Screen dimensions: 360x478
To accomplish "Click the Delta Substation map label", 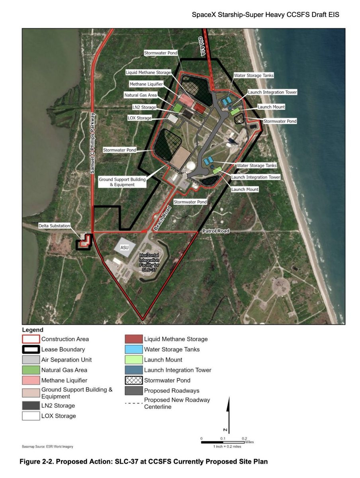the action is [54, 225].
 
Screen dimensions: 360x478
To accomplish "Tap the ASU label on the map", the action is [124, 247].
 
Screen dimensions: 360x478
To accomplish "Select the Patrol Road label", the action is [216, 231].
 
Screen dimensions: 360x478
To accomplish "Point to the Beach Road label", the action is [162, 218].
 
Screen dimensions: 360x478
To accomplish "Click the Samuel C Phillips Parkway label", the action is [92, 143].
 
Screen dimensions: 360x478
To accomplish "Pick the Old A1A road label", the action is [202, 46].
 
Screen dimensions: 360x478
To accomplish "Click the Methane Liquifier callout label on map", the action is [146, 84].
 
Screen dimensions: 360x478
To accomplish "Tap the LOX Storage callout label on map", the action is [139, 118].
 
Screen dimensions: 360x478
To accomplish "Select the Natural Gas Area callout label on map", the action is [141, 95].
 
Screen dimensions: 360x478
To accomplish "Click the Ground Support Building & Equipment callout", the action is [122, 182].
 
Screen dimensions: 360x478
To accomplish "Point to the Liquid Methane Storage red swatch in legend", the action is [134, 339].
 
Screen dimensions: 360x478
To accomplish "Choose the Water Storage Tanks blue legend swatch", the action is [134, 349].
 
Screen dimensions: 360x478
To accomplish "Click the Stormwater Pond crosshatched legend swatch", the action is [134, 380].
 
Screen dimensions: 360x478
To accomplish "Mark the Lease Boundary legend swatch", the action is [31, 349].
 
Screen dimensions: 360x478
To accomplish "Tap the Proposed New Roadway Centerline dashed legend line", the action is [134, 403].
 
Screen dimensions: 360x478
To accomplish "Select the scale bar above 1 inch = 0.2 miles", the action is [223, 442].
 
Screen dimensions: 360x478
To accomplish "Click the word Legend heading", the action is [33, 330].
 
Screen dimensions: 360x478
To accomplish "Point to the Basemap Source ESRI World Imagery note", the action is [47, 447].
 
